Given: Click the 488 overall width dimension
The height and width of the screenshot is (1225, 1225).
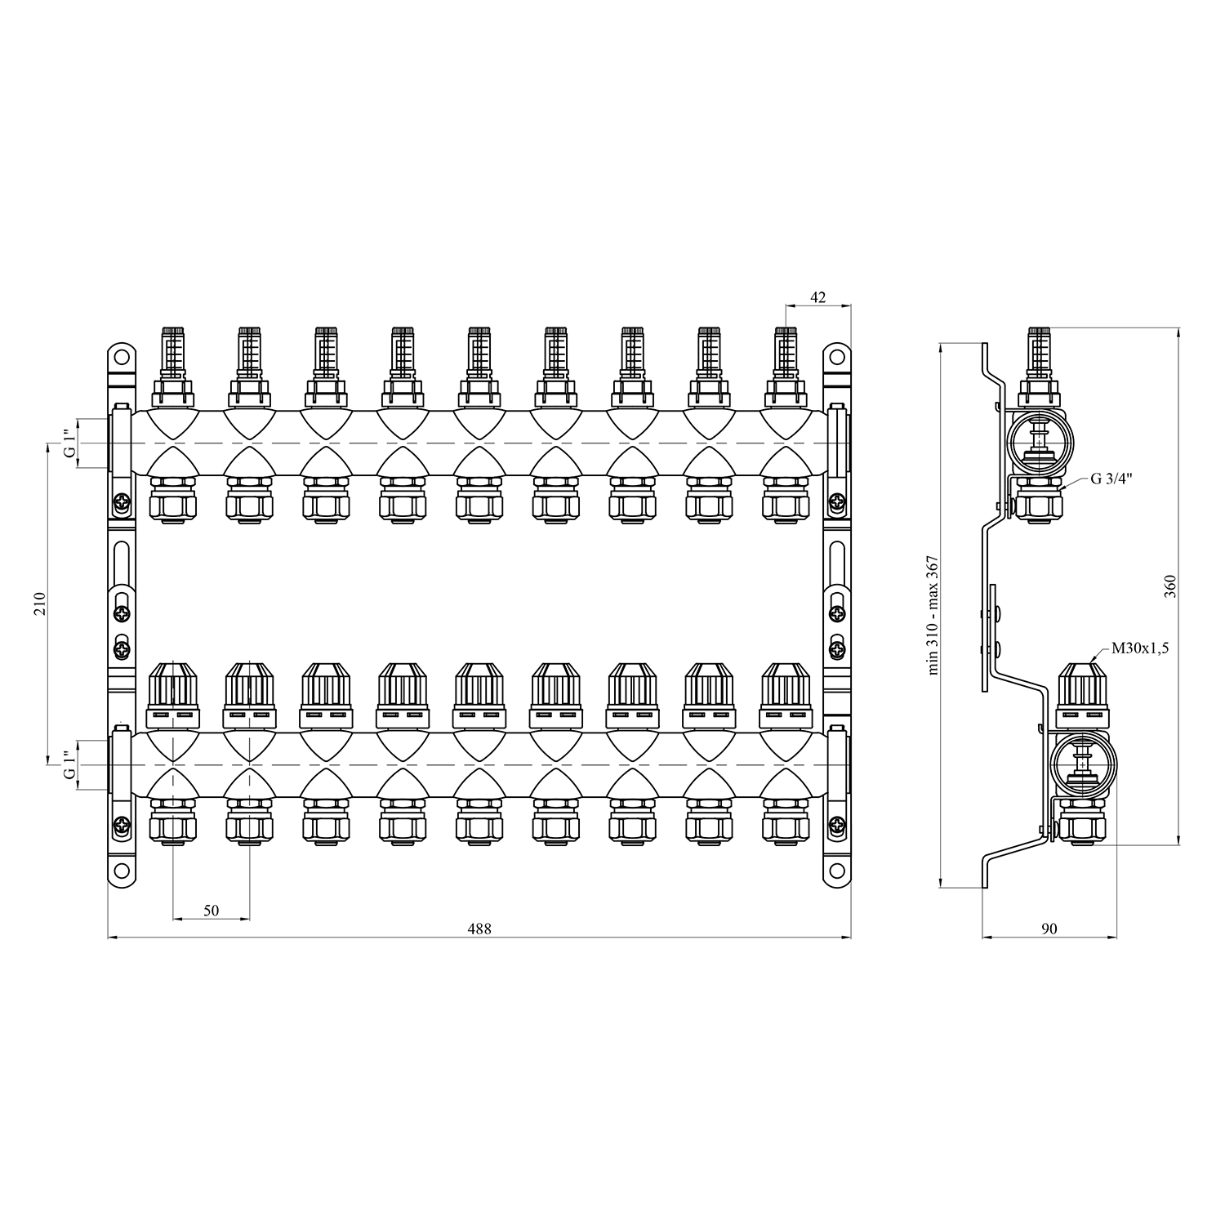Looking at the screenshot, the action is pyautogui.click(x=479, y=929).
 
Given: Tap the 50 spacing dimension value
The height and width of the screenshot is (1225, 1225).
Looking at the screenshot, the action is pyautogui.click(x=212, y=911).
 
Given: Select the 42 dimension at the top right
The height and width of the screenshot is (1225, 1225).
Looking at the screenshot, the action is pyautogui.click(x=818, y=298).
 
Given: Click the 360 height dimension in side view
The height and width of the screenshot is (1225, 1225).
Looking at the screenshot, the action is pyautogui.click(x=1169, y=586).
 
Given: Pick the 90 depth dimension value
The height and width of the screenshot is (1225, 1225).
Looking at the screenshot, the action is pyautogui.click(x=1049, y=929).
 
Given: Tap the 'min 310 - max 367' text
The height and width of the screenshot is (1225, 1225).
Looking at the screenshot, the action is pyautogui.click(x=933, y=615).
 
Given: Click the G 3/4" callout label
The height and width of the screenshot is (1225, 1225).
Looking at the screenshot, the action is pyautogui.click(x=1111, y=479).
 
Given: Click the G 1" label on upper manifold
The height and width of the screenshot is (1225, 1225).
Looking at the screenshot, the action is pyautogui.click(x=70, y=443).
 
